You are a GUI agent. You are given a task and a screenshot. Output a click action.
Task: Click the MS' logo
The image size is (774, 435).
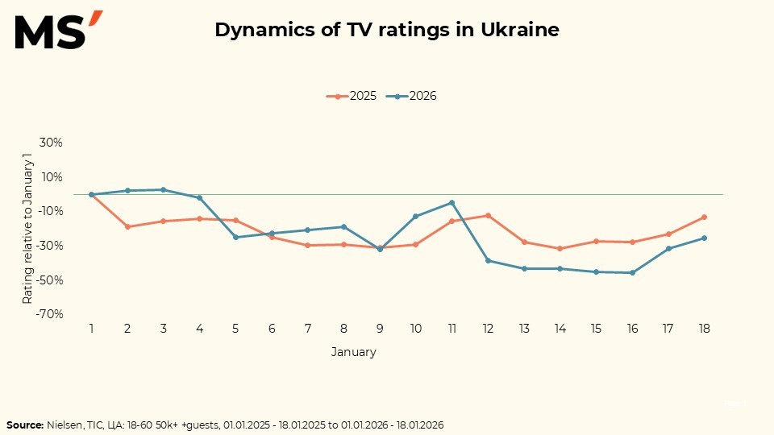tap(58, 31)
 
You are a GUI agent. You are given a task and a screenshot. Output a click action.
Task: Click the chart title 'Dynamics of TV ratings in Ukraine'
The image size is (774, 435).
tap(387, 31)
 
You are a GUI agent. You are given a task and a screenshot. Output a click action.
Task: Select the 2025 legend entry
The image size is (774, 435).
tap(352, 96)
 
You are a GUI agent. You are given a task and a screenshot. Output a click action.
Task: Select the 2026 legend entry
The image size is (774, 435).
tap(412, 96)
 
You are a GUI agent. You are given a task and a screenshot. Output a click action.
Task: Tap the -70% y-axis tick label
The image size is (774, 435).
tap(49, 314)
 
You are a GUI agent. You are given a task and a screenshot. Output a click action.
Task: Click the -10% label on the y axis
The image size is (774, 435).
tap(49, 211)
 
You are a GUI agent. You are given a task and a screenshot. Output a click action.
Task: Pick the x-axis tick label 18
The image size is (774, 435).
tap(704, 329)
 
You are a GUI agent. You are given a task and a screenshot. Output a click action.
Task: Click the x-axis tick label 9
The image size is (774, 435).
tap(380, 329)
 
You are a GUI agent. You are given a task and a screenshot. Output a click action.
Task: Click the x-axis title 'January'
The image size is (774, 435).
tap(353, 352)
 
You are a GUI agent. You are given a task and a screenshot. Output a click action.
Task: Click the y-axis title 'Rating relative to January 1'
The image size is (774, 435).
tap(27, 228)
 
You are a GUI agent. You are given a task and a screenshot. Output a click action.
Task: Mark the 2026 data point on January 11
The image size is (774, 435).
tap(452, 203)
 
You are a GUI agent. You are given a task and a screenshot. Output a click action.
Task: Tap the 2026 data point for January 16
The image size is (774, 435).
tap(632, 273)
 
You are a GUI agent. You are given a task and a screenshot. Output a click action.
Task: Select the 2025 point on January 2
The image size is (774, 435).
tap(127, 226)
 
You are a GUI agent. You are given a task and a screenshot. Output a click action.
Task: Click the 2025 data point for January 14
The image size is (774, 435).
tap(560, 248)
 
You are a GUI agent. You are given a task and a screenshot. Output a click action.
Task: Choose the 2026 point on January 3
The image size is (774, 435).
tap(164, 189)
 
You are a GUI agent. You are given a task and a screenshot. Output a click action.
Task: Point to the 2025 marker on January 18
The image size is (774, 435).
tap(704, 217)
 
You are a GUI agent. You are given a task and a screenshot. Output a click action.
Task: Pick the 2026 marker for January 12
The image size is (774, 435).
tap(488, 260)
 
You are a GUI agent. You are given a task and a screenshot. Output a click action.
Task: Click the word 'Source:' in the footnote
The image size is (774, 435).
tap(25, 425)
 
